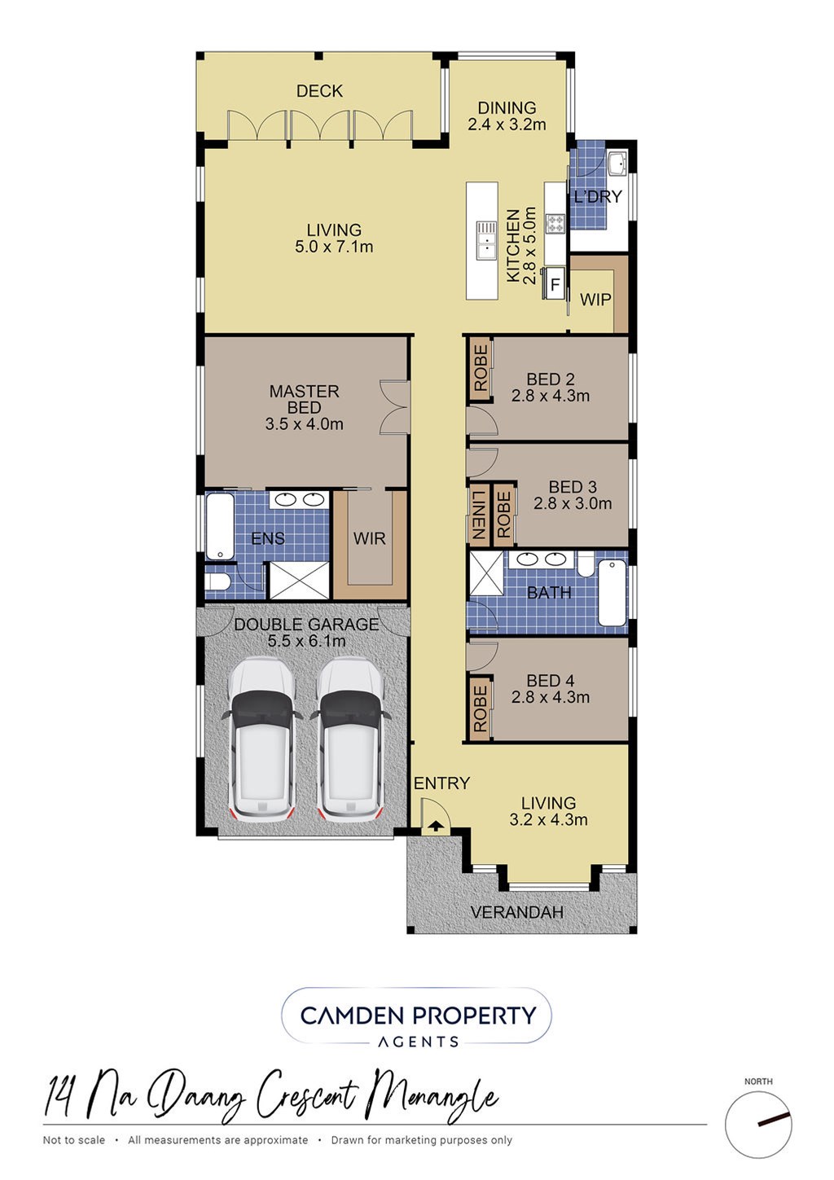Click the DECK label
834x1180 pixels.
click(319, 91)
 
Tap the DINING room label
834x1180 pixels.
click(507, 116)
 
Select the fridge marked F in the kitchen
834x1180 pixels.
click(555, 284)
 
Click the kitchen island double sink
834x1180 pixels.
click(487, 240)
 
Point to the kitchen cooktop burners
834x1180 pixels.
click(555, 222)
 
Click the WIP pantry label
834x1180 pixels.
click(595, 300)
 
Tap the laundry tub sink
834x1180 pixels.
click(617, 164)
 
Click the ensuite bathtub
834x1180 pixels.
click(220, 526)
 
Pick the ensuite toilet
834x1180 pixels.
click(216, 581)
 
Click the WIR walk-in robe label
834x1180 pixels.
click(369, 538)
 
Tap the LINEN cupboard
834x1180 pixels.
click(478, 515)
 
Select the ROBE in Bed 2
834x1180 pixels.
click(481, 368)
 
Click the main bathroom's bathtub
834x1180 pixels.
click(612, 593)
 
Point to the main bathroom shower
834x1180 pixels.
click(486, 573)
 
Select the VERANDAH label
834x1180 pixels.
click(517, 912)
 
